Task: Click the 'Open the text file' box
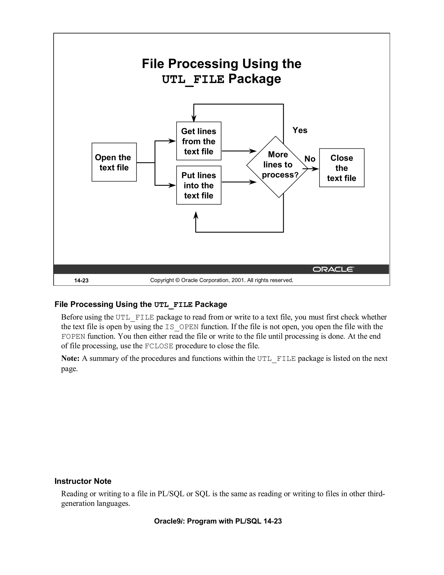[114, 162]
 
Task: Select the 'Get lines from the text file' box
[199, 141]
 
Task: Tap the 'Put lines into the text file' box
[199, 185]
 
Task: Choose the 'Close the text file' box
[341, 168]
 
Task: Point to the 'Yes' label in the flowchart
[300, 130]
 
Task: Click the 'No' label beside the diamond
[310, 159]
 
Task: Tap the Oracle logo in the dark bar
[333, 269]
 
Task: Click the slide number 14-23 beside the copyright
[81, 280]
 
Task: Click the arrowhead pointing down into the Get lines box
[194, 118]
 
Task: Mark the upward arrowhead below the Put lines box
[196, 215]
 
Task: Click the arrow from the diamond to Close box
[313, 169]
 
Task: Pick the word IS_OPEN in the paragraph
[181, 327]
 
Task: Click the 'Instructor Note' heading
[83, 481]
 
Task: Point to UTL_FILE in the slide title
[193, 79]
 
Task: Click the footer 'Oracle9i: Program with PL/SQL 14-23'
[218, 521]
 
